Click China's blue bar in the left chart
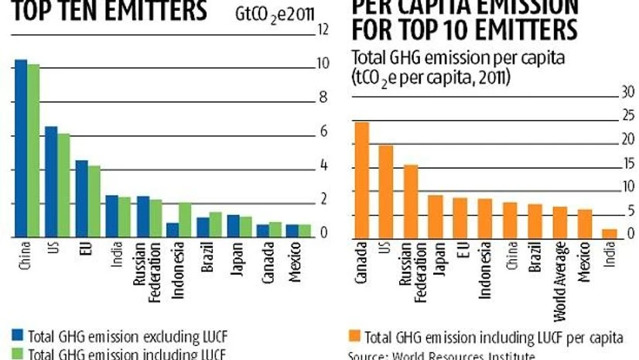[x=21, y=147]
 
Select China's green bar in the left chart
[x=33, y=149]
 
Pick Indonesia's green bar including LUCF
[x=184, y=219]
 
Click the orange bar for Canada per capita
[x=361, y=180]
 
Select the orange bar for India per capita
[x=610, y=233]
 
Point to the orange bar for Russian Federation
[x=411, y=201]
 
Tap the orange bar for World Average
[x=560, y=222]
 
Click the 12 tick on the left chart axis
[x=324, y=29]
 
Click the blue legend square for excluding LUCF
[x=19, y=336]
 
